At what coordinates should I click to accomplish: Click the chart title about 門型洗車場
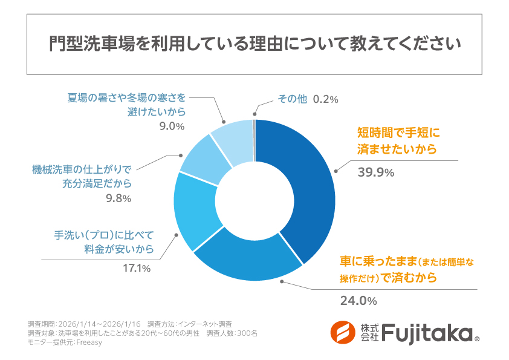[254, 45]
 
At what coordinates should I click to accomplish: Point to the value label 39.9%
[376, 172]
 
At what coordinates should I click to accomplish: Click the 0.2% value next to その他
[325, 99]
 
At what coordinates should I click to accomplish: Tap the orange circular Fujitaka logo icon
[343, 333]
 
